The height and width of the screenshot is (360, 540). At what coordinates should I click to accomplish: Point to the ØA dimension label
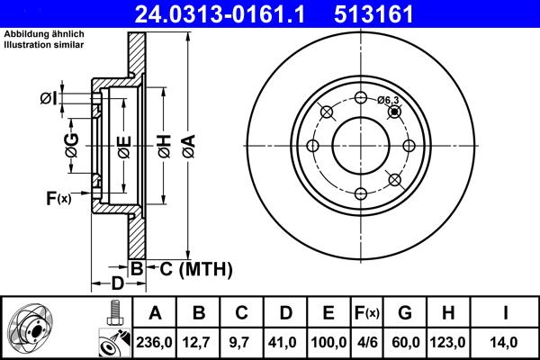coord(187,145)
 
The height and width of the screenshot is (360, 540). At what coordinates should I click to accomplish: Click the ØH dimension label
coord(164,145)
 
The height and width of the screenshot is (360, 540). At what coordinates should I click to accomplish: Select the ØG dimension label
coord(72,145)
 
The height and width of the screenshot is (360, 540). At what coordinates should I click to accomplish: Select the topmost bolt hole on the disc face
coord(360,98)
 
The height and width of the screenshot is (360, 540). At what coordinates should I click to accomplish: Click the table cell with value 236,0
coord(155,342)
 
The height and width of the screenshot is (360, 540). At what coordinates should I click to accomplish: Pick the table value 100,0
coord(328,342)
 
